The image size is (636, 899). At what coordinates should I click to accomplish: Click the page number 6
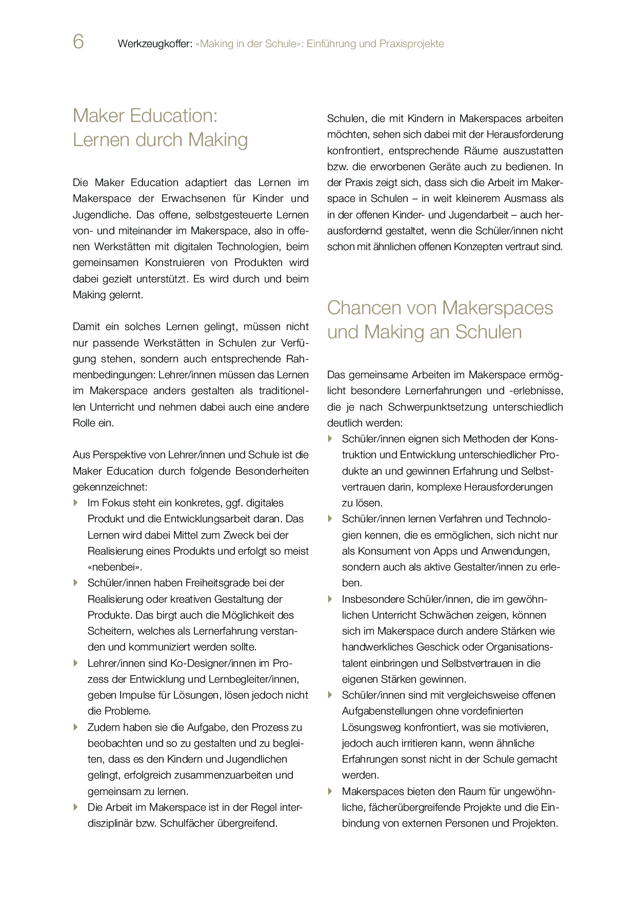click(78, 42)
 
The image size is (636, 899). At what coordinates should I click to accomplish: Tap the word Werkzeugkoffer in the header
click(155, 44)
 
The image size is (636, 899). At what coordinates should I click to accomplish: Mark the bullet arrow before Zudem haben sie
click(76, 727)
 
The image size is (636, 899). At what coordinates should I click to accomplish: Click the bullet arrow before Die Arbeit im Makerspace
click(76, 807)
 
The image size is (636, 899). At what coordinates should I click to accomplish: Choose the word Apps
click(445, 551)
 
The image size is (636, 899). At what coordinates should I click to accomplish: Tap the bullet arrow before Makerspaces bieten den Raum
click(330, 791)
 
